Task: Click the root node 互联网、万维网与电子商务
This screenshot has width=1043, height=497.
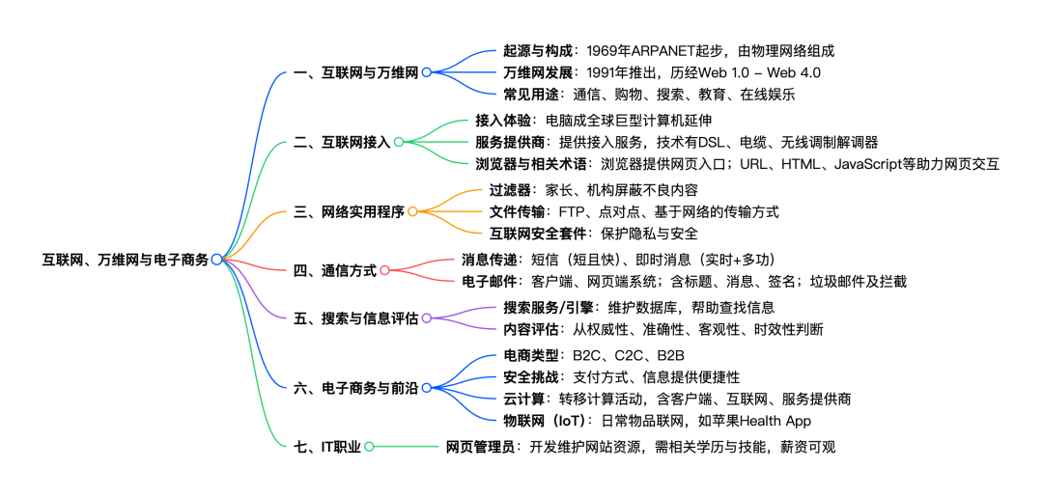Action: coord(126,260)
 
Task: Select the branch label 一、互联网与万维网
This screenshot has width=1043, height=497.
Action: coord(354,71)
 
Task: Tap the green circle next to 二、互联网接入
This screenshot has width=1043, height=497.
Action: coord(398,142)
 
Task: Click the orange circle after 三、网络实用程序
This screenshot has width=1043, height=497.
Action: coord(412,210)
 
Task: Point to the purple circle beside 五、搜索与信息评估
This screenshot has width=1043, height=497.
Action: coord(426,318)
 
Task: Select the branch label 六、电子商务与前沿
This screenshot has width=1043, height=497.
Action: coord(354,388)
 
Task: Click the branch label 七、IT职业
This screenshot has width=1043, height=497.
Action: coord(326,446)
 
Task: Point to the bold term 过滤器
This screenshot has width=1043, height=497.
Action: coord(511,190)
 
